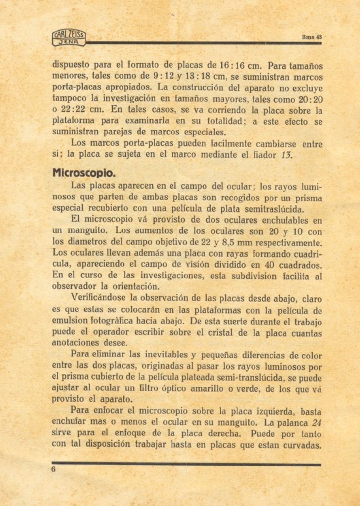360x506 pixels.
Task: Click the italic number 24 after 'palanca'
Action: coord(317,423)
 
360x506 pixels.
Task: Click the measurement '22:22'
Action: coord(73,110)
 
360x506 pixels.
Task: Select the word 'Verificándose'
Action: coord(98,298)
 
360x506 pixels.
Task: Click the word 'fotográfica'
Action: coord(116,321)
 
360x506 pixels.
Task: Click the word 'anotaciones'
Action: coord(75,343)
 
